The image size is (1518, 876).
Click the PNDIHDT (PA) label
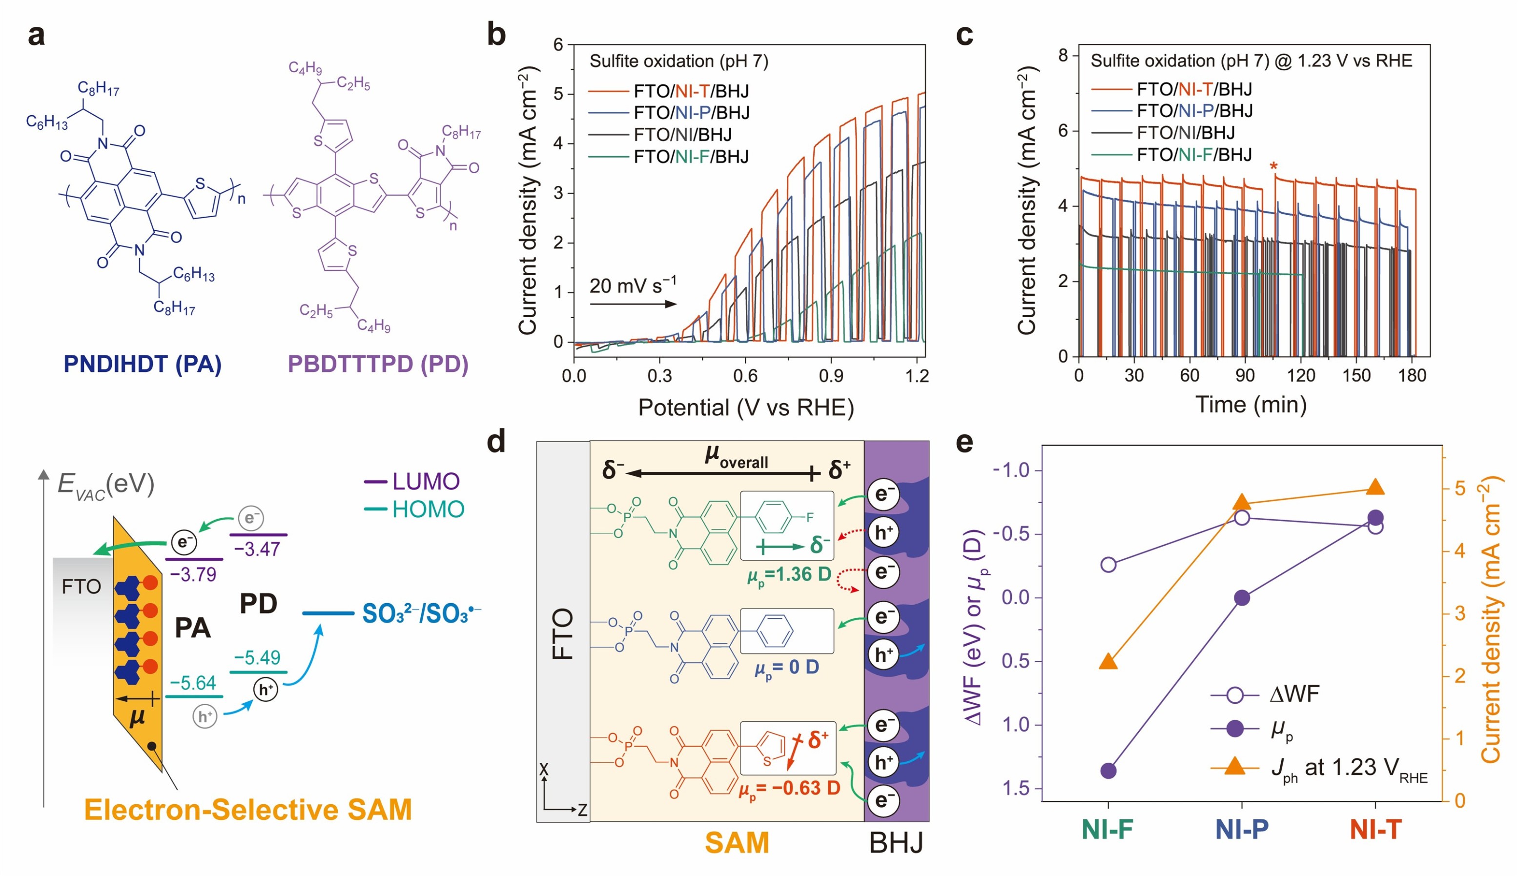click(143, 364)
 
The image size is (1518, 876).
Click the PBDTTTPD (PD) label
click(378, 364)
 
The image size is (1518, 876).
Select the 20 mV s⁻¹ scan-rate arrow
click(633, 304)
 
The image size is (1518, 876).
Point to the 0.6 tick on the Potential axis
click(745, 376)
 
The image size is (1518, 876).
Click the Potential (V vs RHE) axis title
click(746, 408)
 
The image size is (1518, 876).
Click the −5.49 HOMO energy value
click(258, 657)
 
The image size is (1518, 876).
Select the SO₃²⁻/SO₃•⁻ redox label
click(421, 613)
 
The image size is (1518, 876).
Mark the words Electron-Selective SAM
click(248, 810)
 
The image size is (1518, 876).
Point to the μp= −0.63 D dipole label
click(789, 788)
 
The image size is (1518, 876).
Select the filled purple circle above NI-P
click(1242, 598)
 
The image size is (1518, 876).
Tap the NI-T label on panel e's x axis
click(1375, 830)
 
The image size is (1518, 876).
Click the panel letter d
click(496, 442)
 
